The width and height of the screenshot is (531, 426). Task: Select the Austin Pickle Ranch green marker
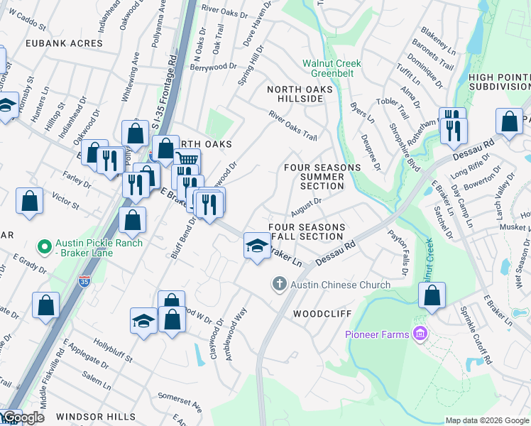click(x=45, y=248)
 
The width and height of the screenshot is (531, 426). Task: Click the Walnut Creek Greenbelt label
click(x=332, y=68)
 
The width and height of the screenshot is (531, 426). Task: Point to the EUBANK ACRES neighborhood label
click(x=64, y=43)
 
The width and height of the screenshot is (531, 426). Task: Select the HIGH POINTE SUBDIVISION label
click(x=499, y=82)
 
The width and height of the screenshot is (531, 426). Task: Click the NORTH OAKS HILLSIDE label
click(x=295, y=94)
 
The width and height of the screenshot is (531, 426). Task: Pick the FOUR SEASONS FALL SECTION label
click(x=307, y=231)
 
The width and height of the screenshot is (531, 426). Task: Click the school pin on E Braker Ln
click(x=257, y=246)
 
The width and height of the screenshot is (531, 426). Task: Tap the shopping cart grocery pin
click(x=186, y=160)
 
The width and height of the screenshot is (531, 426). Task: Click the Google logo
click(x=23, y=417)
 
